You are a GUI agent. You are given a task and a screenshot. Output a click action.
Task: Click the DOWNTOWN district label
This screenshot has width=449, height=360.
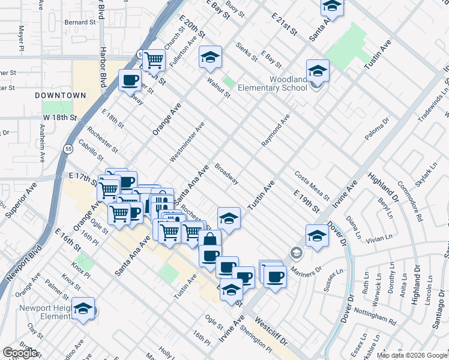click(x=60, y=95)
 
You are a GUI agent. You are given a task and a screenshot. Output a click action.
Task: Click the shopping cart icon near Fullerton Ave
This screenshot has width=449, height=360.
click(x=154, y=60)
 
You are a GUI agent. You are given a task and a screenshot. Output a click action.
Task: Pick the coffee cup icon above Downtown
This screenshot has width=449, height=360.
click(x=130, y=80)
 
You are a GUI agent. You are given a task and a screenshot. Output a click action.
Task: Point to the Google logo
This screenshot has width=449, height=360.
click(x=20, y=353)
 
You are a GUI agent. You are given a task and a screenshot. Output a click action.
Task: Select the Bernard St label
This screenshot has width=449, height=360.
click(x=80, y=22)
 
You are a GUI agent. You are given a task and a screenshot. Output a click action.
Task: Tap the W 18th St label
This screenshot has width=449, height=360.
click(x=57, y=118)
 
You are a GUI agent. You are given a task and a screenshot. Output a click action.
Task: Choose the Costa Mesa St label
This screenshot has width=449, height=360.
click(x=312, y=185)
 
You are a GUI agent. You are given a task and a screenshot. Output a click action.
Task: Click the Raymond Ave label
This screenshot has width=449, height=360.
click(x=276, y=130)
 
